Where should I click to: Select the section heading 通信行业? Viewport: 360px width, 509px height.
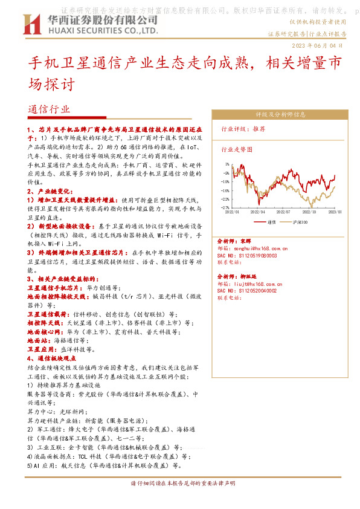click(x=49, y=109)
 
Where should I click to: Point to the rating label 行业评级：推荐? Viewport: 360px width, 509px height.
click(x=243, y=129)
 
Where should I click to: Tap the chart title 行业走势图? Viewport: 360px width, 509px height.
click(x=237, y=149)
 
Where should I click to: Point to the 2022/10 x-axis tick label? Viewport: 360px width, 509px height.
click(x=310, y=212)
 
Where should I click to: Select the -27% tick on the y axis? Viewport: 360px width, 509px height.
click(x=225, y=207)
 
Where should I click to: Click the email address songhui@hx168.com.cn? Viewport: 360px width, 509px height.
click(x=252, y=248)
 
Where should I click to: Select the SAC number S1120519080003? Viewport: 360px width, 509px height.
click(x=247, y=255)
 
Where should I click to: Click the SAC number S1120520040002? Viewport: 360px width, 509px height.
click(x=247, y=290)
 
